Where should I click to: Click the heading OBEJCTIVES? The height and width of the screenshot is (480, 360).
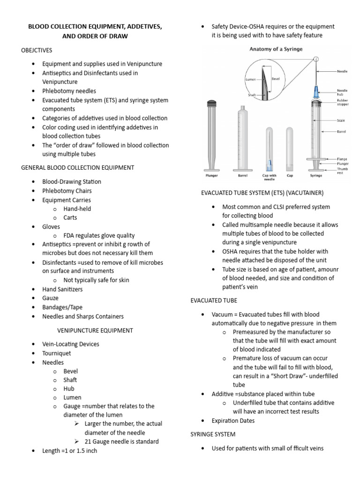[x=37, y=50]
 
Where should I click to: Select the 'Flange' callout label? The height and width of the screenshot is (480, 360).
[x=342, y=159]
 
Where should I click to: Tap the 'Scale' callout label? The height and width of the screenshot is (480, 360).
[x=341, y=120]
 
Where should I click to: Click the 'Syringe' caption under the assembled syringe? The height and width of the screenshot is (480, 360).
[x=316, y=177]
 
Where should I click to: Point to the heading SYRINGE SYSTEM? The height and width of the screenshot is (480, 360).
[x=213, y=434]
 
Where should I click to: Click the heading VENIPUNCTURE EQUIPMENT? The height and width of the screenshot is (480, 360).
[x=95, y=330]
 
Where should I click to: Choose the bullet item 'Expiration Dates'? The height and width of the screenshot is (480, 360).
[x=233, y=420]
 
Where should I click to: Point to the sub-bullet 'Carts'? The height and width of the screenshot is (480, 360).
[x=70, y=217]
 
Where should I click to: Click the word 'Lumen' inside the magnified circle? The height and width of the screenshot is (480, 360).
[x=251, y=80]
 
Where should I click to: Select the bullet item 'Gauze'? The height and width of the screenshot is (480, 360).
[x=51, y=298]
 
